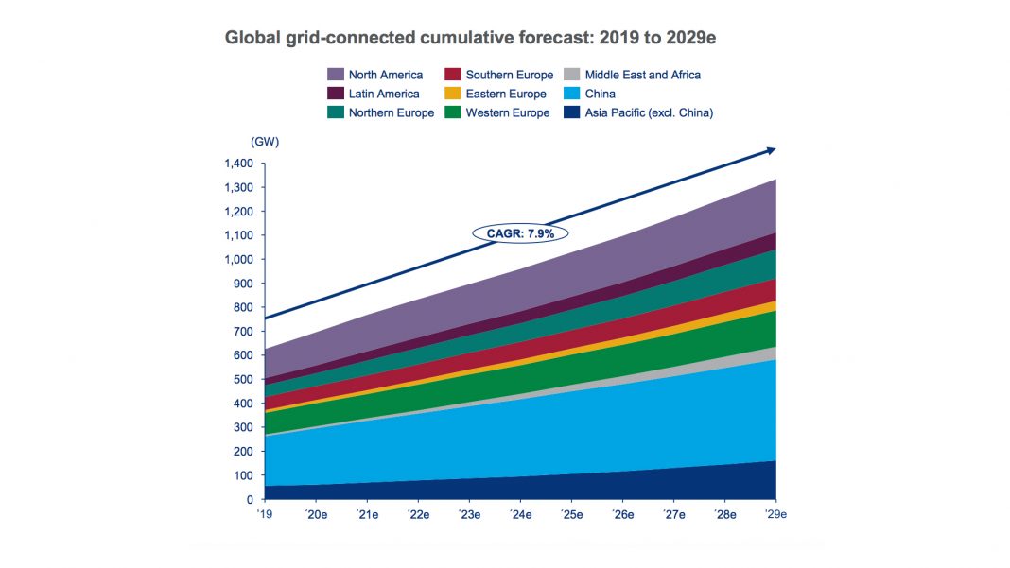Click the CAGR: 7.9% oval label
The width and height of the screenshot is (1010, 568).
point(519,232)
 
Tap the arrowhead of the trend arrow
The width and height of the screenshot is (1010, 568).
point(771,149)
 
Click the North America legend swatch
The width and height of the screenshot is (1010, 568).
point(335,75)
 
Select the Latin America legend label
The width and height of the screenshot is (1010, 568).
point(384,94)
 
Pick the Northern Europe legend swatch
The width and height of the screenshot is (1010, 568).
point(335,112)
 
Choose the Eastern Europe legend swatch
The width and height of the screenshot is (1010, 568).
point(453,94)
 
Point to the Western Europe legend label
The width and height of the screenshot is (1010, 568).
point(507,112)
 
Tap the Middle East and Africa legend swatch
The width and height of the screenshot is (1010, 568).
point(571,75)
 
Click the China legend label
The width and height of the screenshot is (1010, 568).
point(601,94)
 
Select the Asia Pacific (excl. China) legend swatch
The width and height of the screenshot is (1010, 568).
point(571,112)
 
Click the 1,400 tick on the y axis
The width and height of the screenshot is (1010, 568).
point(239,164)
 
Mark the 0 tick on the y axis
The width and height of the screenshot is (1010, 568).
point(251,499)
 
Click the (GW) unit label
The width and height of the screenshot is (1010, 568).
point(265,142)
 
